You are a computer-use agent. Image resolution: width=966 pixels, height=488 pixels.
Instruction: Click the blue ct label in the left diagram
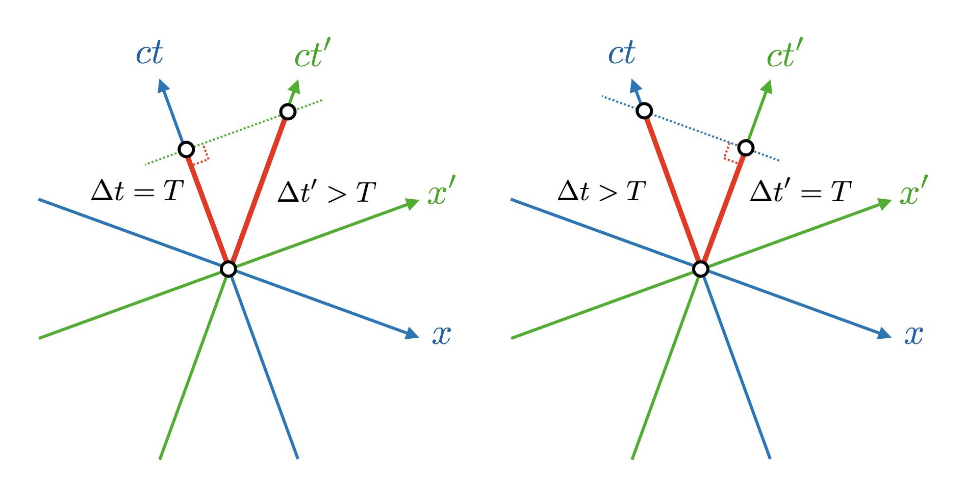click(149, 53)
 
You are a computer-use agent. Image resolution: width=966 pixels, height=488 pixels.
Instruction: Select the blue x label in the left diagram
click(441, 335)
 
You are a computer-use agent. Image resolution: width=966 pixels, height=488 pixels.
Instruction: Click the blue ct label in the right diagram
click(622, 53)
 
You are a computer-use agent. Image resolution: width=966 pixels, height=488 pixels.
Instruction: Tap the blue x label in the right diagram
click(913, 335)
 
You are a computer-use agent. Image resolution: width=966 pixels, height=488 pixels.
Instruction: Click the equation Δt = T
click(137, 192)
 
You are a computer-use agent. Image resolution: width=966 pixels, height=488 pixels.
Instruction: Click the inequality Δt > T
click(602, 192)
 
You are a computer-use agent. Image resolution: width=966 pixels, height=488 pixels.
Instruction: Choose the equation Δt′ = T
click(800, 193)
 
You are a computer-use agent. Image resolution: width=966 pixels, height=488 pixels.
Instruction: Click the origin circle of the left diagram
click(228, 268)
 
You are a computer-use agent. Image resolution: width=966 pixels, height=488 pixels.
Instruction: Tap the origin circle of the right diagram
click(701, 268)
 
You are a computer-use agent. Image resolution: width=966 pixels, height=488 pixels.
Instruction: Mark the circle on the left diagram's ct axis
click(186, 150)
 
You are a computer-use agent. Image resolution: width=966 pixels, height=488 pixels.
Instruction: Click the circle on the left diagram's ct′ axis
click(288, 112)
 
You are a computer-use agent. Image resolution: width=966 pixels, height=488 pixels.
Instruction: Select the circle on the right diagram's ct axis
click(645, 111)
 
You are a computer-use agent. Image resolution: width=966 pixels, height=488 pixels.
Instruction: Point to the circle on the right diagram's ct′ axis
click(746, 148)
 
